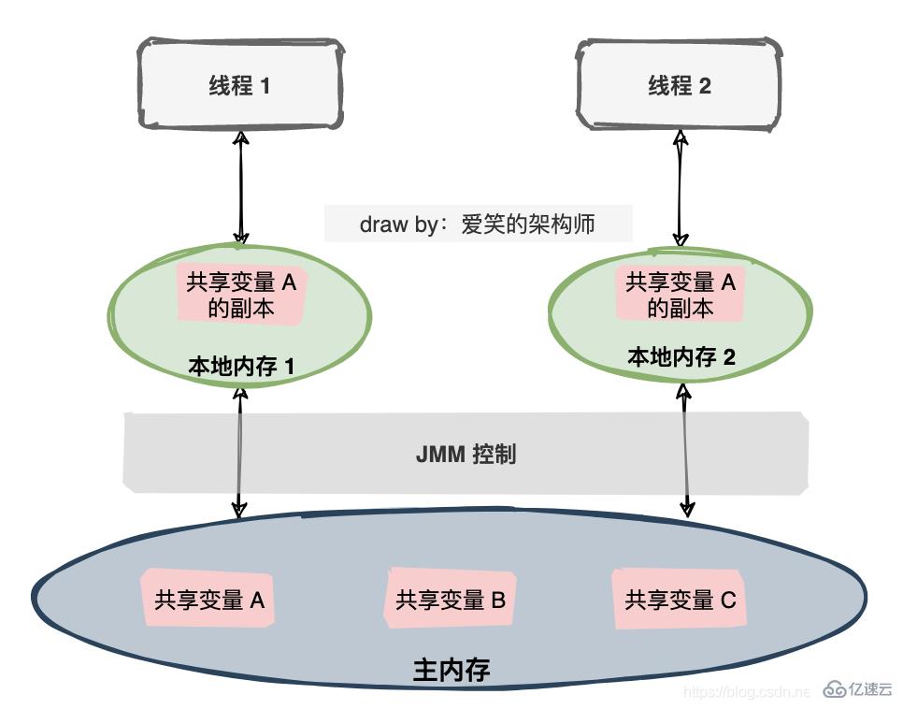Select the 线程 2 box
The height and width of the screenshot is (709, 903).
coord(679,85)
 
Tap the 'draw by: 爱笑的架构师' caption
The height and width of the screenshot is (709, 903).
coord(478,224)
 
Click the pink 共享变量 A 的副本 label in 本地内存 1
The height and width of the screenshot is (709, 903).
coord(240,295)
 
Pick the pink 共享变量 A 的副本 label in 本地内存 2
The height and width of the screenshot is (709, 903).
coord(680,294)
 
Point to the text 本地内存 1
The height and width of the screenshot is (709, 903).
coord(241,366)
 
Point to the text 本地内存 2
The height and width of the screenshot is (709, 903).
coord(681,356)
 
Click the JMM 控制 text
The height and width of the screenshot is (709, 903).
coord(466,456)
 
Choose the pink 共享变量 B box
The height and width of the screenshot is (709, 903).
coord(451,600)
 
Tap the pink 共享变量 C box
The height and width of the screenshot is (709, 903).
coord(680,599)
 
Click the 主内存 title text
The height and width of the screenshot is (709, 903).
coord(451,670)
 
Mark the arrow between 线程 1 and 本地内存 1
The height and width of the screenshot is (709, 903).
coord(241,187)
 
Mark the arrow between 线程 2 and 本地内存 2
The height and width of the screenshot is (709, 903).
coord(681,187)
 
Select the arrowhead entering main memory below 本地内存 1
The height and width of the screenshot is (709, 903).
coord(239,508)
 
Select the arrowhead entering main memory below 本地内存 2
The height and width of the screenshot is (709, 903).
coord(687,508)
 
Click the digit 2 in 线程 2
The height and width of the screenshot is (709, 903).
coord(705,86)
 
